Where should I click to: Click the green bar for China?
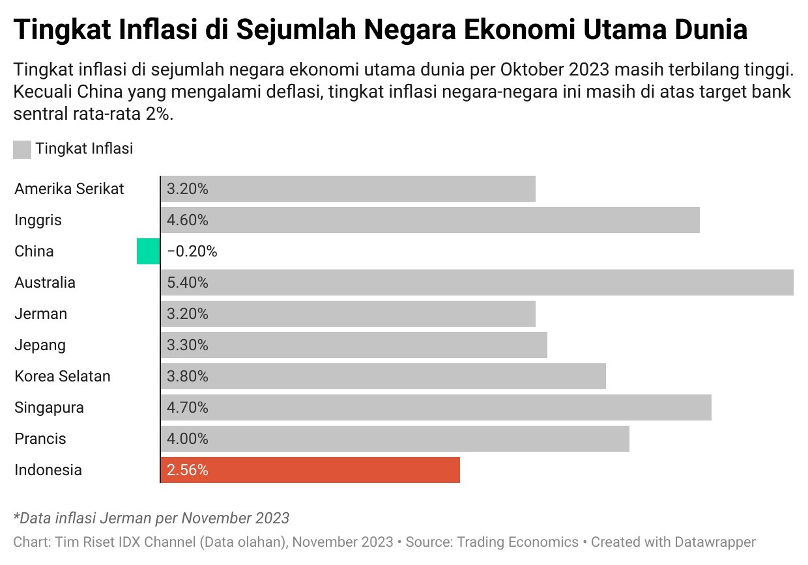tap(148, 251)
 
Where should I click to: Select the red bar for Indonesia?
tap(310, 470)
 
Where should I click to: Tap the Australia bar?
tap(477, 282)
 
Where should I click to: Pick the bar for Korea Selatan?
tap(383, 376)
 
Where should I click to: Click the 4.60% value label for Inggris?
tap(188, 220)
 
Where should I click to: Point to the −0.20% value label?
tap(192, 251)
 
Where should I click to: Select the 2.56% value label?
tap(188, 470)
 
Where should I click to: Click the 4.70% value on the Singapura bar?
tap(188, 407)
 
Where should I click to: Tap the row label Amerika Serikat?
tap(69, 189)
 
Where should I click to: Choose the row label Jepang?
tap(40, 345)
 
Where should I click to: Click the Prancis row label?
tap(40, 439)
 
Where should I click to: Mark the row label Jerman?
tap(41, 314)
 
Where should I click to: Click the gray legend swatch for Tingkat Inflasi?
tap(22, 150)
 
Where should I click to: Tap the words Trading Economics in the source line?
tap(517, 542)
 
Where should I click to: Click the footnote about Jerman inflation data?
tap(151, 518)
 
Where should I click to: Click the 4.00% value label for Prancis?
tap(188, 439)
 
